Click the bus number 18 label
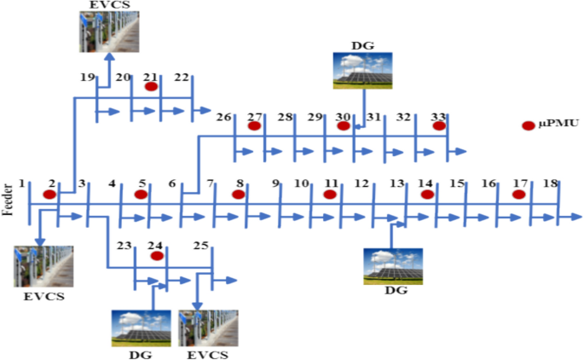pyautogui.click(x=551, y=183)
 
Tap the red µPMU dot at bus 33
pyautogui.click(x=439, y=126)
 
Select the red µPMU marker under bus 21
pyautogui.click(x=151, y=86)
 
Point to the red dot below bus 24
pyautogui.click(x=156, y=256)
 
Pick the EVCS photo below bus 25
pyautogui.click(x=207, y=328)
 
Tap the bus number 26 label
pyautogui.click(x=224, y=117)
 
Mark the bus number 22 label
pyautogui.click(x=182, y=78)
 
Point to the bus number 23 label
pyautogui.click(x=124, y=247)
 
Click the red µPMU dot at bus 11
pyautogui.click(x=330, y=194)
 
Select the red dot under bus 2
pyautogui.click(x=49, y=194)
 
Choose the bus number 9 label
pyautogui.click(x=275, y=183)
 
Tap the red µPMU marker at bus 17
pyautogui.click(x=518, y=194)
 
